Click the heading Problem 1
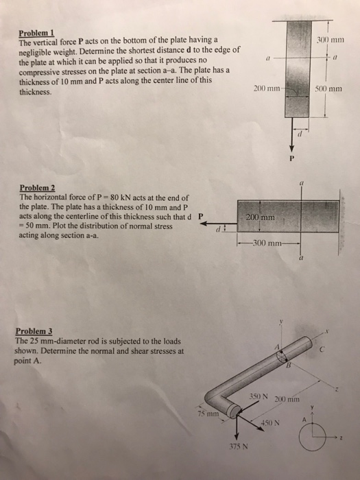[x=35, y=33]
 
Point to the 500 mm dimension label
[x=330, y=89]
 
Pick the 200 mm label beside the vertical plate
[x=265, y=89]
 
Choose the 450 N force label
[x=269, y=422]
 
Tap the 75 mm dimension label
[x=206, y=413]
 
